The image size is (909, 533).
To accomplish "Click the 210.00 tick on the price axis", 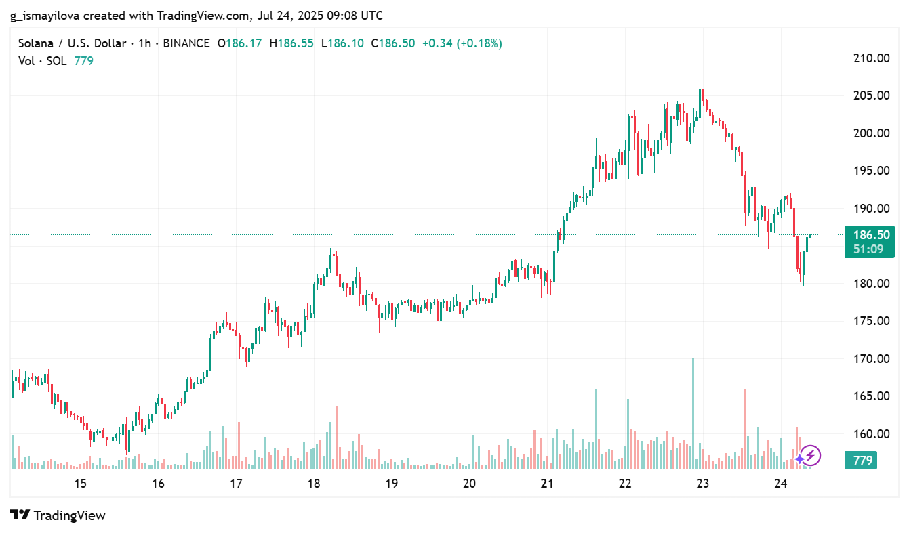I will pos(870,58).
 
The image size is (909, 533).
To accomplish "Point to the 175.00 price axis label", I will pos(870,321).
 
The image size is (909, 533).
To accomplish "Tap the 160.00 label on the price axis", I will pos(870,433).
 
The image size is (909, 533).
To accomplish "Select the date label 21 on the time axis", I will pos(547,484).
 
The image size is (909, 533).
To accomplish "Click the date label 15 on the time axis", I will pos(80,484).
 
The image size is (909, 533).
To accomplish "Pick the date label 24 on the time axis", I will pos(780,484).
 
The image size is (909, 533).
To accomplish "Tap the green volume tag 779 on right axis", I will pos(862,461).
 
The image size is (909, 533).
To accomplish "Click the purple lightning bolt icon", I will pos(811,456).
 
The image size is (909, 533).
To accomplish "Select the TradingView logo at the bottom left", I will pos(58,515).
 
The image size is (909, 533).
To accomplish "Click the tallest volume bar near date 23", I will pos(693,413).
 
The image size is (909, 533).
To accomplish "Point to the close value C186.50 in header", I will pos(392,43).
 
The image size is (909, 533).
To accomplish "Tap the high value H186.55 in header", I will pos(291,43).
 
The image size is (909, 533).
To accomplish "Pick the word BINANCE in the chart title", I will pos(186,43).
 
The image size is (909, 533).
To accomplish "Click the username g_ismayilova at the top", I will pos(45,15).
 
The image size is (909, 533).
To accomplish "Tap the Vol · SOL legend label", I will pos(43,61).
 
